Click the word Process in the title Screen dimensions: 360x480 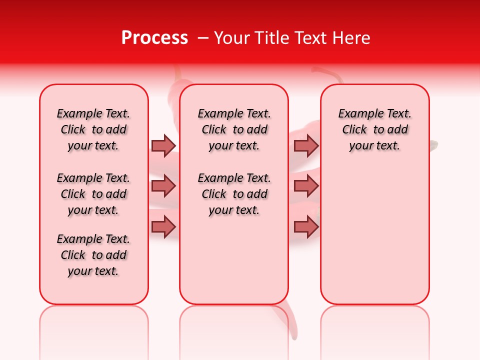154,38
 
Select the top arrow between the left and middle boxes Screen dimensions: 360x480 163,145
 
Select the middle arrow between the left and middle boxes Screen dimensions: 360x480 163,186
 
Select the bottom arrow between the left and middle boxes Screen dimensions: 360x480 163,227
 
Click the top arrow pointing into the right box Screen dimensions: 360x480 306,145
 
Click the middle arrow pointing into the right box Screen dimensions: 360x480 306,186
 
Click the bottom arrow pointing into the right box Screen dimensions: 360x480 306,227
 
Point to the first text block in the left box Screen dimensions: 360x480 93,129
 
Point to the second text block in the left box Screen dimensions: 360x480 93,194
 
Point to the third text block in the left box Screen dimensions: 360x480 93,255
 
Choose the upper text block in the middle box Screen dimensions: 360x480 234,129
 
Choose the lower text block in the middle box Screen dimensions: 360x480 234,194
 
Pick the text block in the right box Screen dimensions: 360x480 374,129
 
